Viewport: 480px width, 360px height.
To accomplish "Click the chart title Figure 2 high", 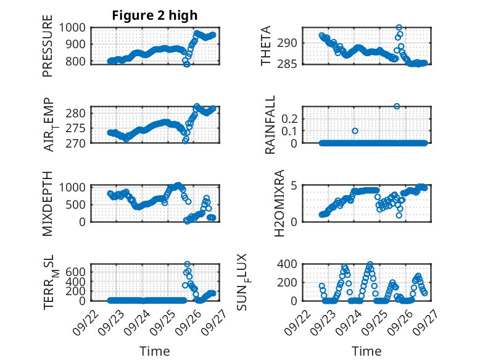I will coord(154,15).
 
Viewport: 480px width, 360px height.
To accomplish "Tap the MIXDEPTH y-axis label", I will coord(48,203).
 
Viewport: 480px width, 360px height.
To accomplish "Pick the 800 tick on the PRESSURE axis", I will coord(77,62).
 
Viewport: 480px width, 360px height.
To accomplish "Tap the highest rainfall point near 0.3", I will coord(397,106).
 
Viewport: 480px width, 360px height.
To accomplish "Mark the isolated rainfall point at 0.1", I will coord(355,131).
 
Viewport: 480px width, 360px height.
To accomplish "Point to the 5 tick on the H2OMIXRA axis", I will coord(294,185).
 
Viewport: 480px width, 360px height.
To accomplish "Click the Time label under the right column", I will coord(366,351).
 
